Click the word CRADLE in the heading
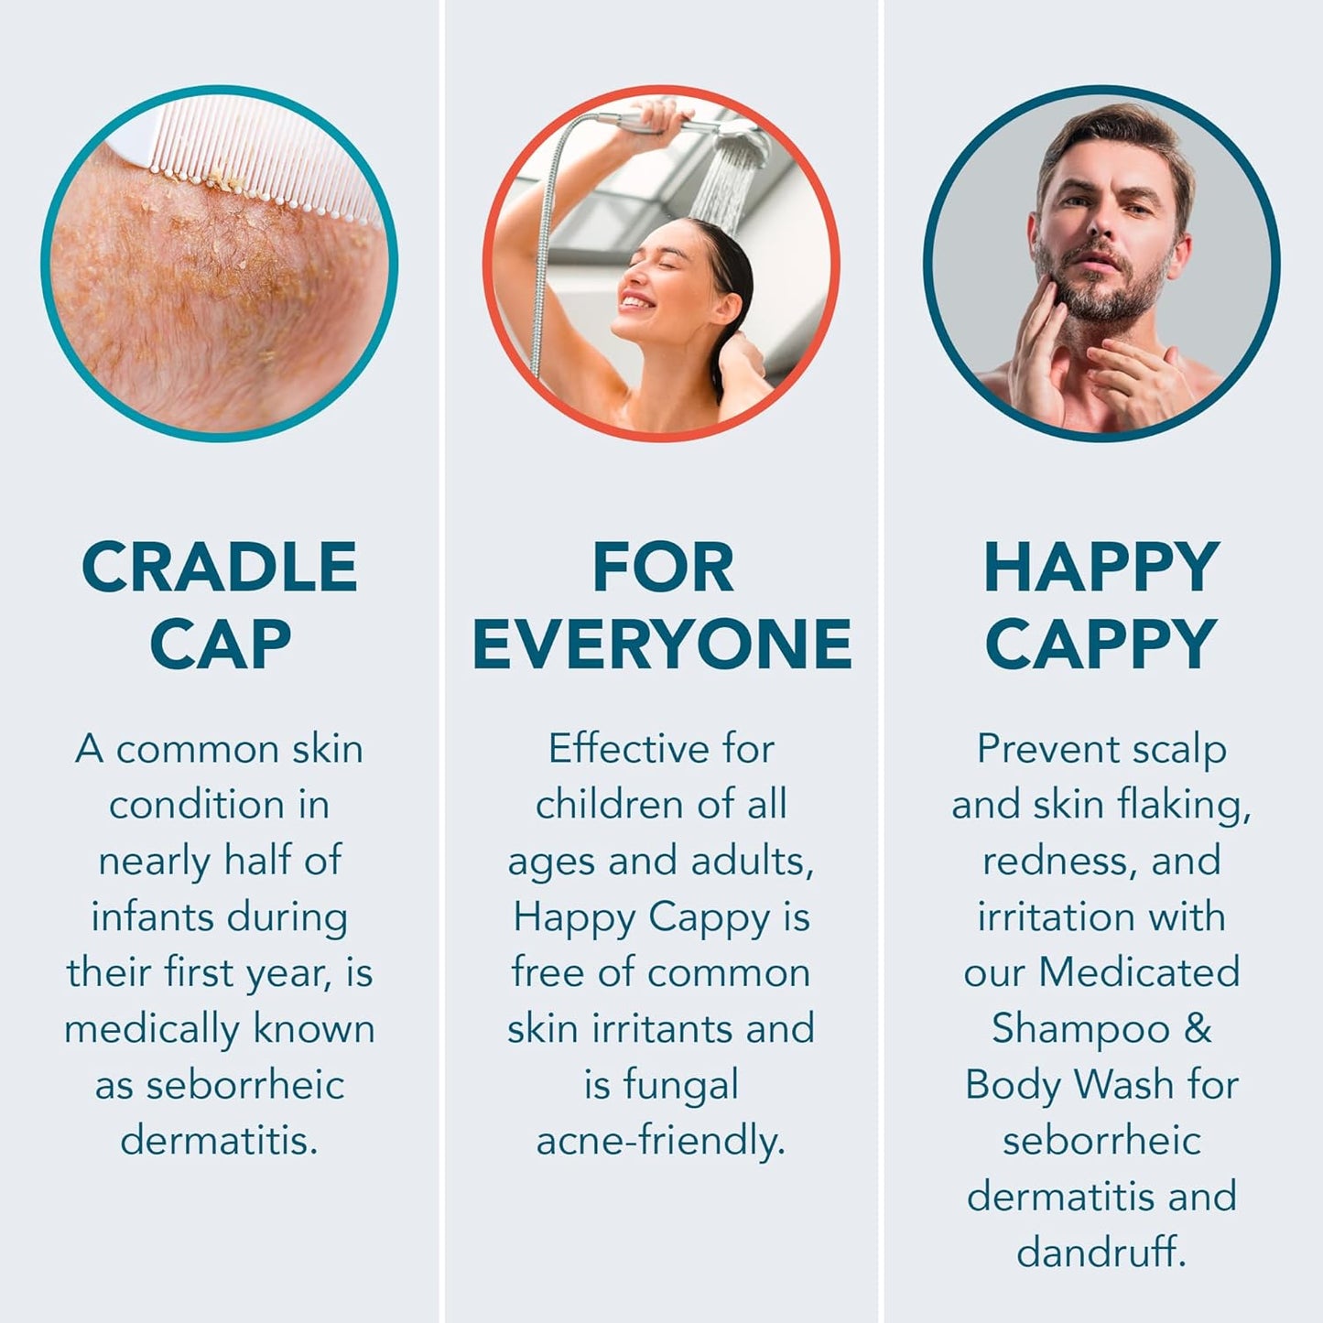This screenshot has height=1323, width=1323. click(219, 568)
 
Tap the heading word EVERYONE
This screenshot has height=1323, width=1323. click(662, 644)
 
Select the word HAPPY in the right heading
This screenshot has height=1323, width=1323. click(1101, 568)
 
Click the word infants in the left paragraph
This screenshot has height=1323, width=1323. click(143, 916)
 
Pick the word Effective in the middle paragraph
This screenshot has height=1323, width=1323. click(628, 749)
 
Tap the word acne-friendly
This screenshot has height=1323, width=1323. click(660, 1142)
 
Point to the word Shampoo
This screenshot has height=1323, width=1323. click(1079, 1029)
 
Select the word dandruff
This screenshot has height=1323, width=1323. click(1101, 1253)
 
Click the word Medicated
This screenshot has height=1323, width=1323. click(1139, 972)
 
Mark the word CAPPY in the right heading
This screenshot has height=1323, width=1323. click(1101, 644)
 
